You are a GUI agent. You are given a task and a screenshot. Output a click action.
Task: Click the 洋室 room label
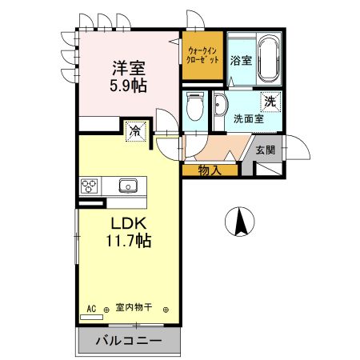coord(127,68)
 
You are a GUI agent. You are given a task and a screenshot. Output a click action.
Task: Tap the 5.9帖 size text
coord(127,83)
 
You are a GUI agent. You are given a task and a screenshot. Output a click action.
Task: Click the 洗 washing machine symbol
coord(271,102)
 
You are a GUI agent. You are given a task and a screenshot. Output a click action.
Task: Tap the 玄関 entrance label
coord(266,150)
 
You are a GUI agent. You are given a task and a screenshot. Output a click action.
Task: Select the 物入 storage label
coord(210,170)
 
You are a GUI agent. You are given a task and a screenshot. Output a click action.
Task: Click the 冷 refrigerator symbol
coord(137,130)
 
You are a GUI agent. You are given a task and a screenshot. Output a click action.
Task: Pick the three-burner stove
coord(90,186)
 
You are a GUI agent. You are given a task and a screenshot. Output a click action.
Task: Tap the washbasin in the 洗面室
coord(221,106)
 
